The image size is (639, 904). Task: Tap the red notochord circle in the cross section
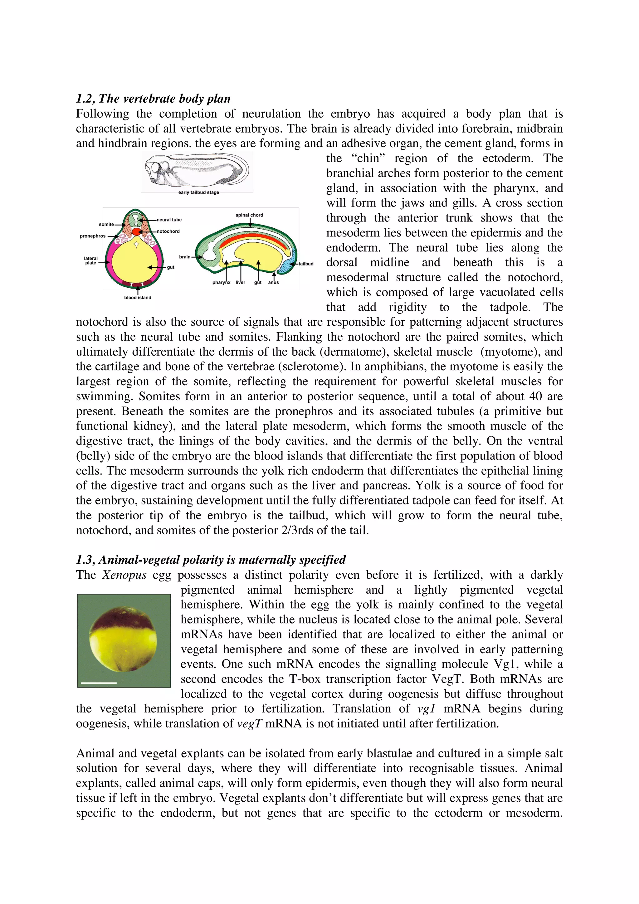click(x=136, y=231)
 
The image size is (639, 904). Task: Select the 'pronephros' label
click(x=93, y=236)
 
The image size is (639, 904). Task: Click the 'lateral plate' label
click(x=90, y=261)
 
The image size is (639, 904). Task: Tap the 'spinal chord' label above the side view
click(x=249, y=215)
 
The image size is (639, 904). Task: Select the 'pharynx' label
click(x=221, y=282)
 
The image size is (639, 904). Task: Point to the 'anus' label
click(x=273, y=282)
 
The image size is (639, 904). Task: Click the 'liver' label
click(x=240, y=282)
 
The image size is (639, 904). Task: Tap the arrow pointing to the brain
click(x=197, y=257)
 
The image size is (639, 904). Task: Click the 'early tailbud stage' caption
click(x=198, y=192)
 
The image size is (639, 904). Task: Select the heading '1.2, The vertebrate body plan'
click(x=153, y=99)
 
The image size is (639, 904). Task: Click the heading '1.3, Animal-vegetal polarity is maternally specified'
click(x=211, y=560)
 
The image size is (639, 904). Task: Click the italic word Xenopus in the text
click(x=124, y=575)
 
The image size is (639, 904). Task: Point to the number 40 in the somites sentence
click(x=535, y=396)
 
